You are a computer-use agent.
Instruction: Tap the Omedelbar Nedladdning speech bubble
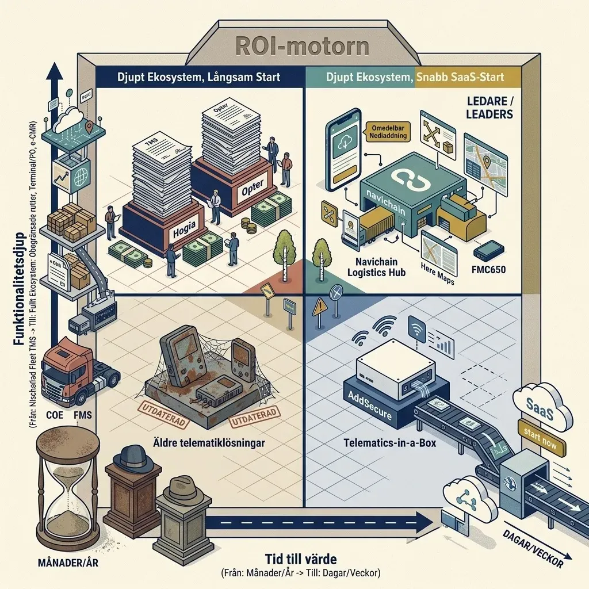click(387, 132)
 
